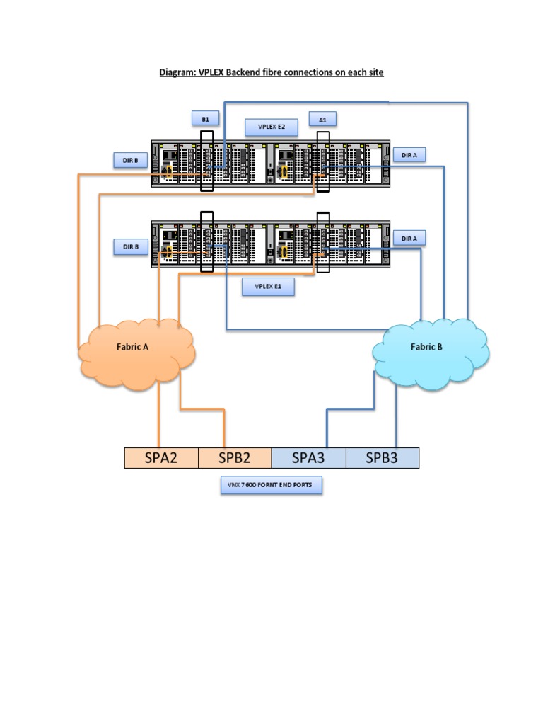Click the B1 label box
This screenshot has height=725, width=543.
coord(205,119)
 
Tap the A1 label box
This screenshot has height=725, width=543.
coord(322,120)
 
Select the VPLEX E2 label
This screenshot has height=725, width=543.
coord(271,127)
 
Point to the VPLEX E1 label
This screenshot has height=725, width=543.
coord(268,287)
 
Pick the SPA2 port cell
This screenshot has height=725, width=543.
coord(160,458)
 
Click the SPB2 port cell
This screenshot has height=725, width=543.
coord(235,458)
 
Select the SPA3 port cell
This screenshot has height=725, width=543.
coord(308,458)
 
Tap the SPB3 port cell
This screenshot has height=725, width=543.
coord(382,458)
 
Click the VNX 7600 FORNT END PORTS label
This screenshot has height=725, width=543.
coord(271,486)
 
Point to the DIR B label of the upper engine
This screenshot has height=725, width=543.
coord(130,161)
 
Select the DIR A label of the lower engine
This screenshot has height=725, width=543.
coord(409,239)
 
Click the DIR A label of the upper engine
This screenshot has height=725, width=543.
coord(409,155)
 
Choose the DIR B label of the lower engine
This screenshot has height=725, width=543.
coord(130,246)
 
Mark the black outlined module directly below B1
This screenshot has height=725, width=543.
coord(206,162)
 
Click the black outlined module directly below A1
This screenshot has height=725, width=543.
coord(323,162)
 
